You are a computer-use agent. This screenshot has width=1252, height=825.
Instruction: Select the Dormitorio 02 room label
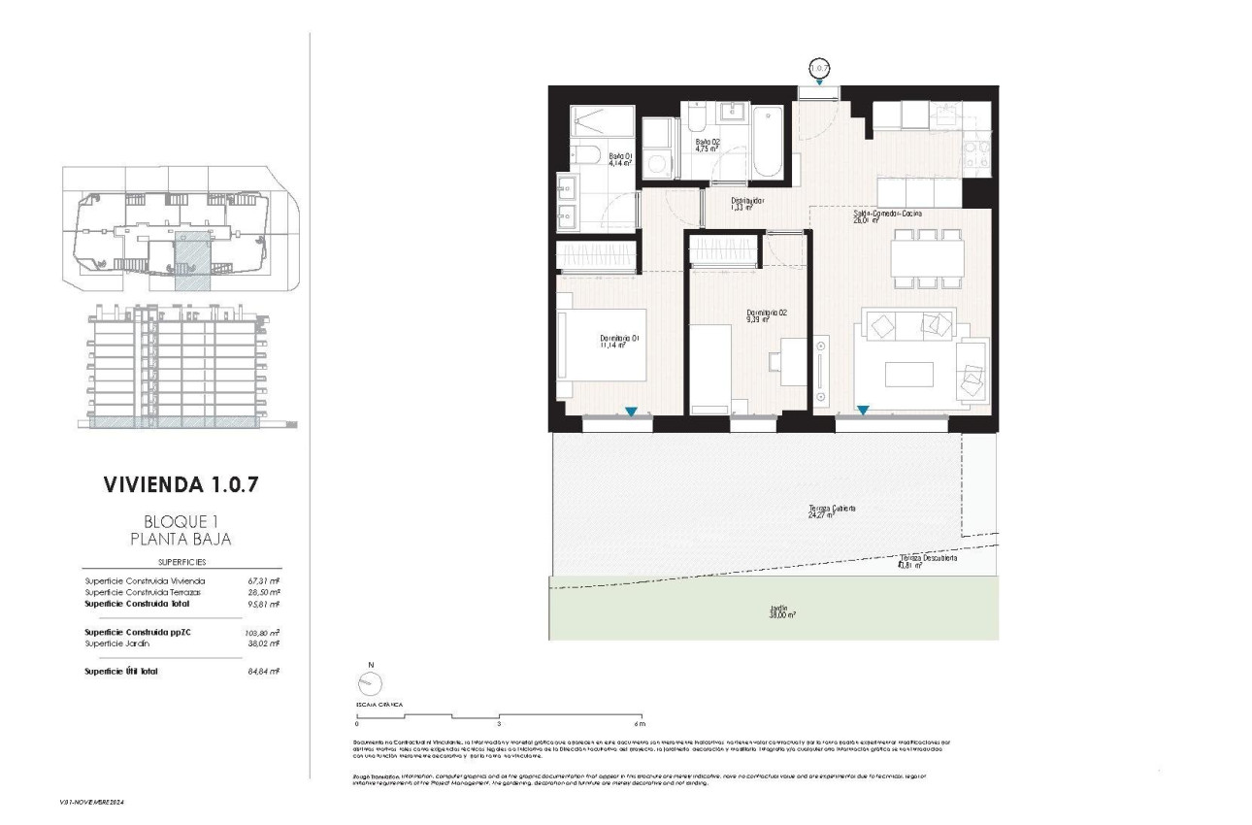point(767,315)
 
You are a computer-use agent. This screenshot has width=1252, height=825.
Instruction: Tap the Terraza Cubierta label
point(832,511)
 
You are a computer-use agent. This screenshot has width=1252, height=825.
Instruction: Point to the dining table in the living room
point(927,258)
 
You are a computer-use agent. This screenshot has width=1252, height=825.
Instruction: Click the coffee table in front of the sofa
point(908,375)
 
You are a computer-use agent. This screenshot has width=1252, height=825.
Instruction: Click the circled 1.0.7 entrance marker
point(821,69)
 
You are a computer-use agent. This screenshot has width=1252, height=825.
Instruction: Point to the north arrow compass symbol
point(370,681)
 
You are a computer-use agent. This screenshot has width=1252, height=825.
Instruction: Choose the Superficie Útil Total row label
point(121,671)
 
